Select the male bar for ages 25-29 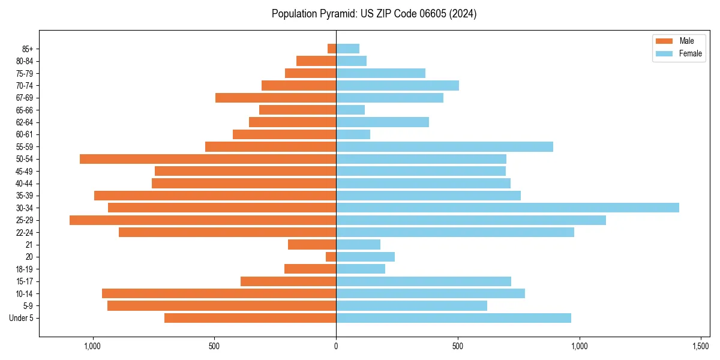[x=203, y=220]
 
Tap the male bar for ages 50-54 [x=208, y=159]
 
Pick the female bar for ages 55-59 [x=444, y=146]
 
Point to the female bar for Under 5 [x=453, y=318]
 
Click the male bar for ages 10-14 [x=219, y=293]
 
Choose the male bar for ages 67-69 [x=275, y=98]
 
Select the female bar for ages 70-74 [x=397, y=85]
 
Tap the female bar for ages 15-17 [x=423, y=281]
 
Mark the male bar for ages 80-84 [x=316, y=61]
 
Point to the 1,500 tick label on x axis [x=701, y=346]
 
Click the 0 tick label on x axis [x=336, y=346]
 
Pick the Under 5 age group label [x=22, y=318]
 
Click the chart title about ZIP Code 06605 [x=374, y=14]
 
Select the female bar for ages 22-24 [x=455, y=232]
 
